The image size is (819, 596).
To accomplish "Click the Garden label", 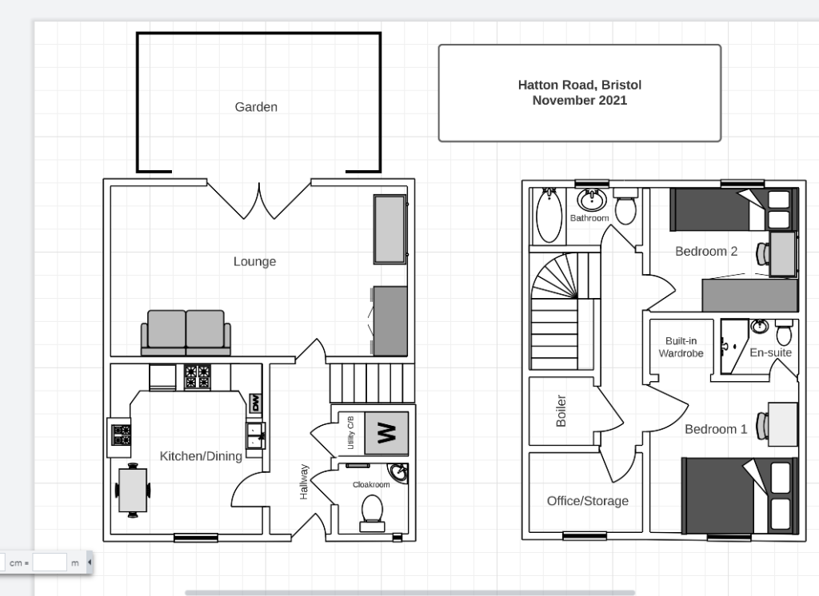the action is (256, 107).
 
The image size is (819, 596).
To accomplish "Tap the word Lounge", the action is (255, 261).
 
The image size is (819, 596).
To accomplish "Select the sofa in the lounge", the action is (186, 333).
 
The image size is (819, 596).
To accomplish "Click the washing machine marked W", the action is (386, 433).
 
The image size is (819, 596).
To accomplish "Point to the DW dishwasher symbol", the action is (255, 403).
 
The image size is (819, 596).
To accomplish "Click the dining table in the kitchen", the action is (133, 490).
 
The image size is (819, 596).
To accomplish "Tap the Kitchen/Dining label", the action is (201, 456).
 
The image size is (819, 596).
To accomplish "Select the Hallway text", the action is (304, 482).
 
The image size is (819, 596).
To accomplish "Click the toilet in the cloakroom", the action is (372, 513).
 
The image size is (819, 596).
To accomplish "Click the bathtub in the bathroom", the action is (549, 216).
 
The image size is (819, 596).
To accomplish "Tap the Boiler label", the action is (561, 411).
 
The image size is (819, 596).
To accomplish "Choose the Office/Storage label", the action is (588, 501).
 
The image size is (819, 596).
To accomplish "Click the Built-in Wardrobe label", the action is (681, 347).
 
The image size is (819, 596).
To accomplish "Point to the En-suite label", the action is (771, 353).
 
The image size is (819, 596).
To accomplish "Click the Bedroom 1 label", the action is (716, 430).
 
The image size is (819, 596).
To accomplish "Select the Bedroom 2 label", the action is (706, 252).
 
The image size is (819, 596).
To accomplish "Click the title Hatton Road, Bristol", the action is (580, 85).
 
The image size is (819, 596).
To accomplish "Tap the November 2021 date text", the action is (580, 100).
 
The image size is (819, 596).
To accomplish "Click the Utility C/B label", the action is (350, 433).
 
